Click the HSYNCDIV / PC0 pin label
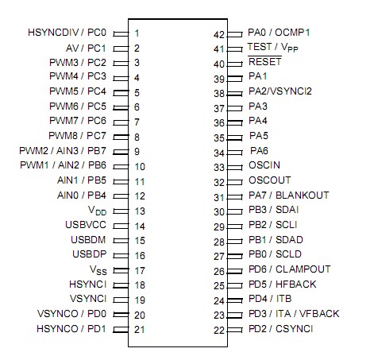[x=67, y=33]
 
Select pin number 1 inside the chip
[x=137, y=33]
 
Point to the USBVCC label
[x=86, y=225]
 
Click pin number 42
[x=220, y=33]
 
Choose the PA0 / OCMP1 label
[x=279, y=33]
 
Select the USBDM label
[x=88, y=239]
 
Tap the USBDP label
[x=88, y=254]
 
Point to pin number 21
[x=139, y=329]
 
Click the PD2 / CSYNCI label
[x=280, y=328]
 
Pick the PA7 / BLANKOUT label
[x=288, y=195]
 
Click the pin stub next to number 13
[x=121, y=211]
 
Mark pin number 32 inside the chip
[x=220, y=181]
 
